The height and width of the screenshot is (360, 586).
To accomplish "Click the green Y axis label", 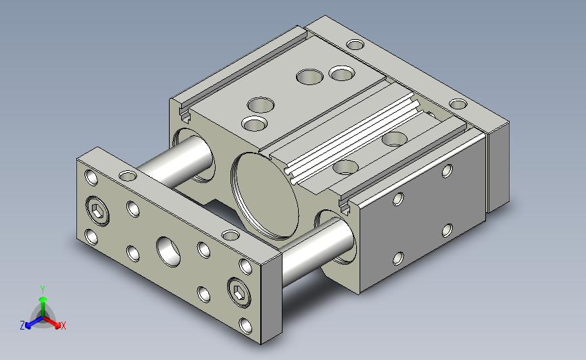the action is tap(43, 290).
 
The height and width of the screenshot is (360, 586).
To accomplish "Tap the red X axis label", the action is tap(63, 326).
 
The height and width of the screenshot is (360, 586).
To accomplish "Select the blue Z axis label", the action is tap(22, 326).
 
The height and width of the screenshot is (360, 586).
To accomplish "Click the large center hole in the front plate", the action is tap(168, 252).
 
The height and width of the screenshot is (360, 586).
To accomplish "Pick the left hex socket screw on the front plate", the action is tap(97, 211).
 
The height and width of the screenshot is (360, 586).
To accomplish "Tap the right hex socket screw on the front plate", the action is tap(239, 292).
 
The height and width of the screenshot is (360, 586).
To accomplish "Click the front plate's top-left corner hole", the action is tap(91, 178).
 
